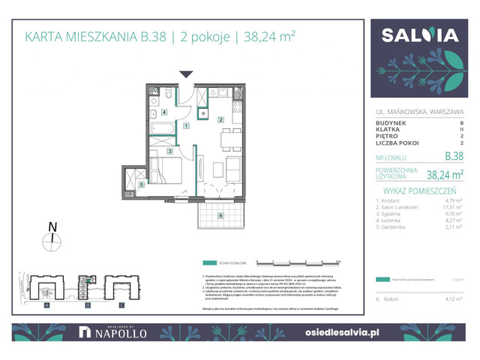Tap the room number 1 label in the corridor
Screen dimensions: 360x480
click(185, 127)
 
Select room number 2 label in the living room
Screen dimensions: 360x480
click(220, 120)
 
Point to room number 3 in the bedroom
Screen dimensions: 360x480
click(170, 152)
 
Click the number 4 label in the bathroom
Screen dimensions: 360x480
click(164, 113)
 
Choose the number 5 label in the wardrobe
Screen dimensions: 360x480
click(140, 184)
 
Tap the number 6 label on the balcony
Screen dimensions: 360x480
click(220, 216)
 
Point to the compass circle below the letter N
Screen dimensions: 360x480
click(52, 240)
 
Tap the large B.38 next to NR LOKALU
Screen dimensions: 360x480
click(454, 157)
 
